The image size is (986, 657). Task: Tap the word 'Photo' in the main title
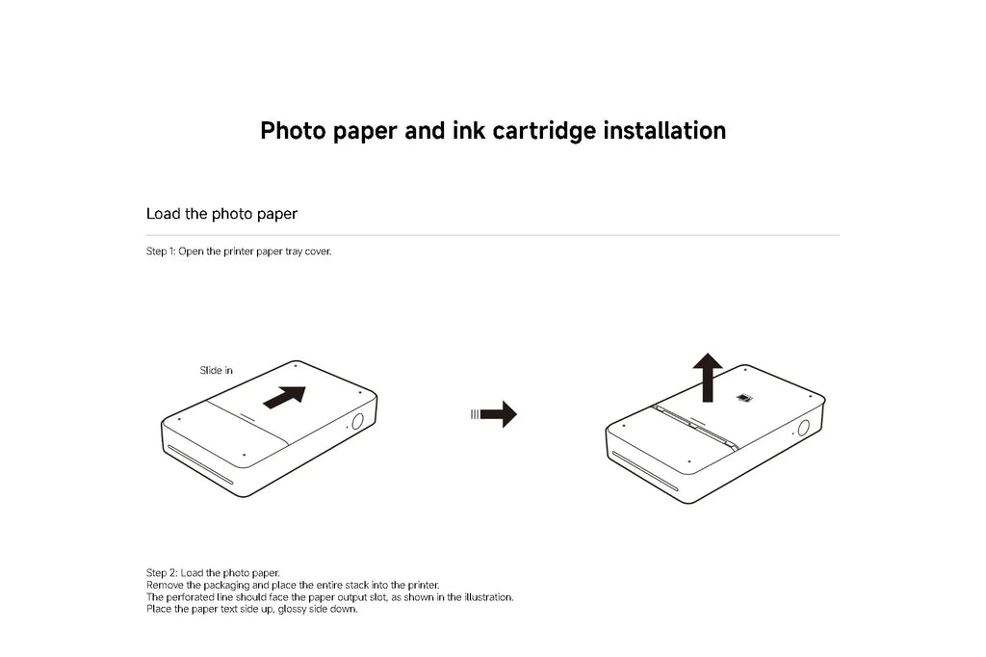pos(294,130)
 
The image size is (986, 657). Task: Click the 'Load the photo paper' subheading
pos(221,213)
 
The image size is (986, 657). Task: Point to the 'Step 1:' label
pos(161,251)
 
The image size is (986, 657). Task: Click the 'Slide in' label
pos(216,370)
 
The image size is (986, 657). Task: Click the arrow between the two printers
pos(496,414)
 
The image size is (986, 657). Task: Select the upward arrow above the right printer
pos(709,376)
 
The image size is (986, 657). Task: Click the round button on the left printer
pos(356,422)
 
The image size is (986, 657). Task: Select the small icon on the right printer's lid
pos(743,397)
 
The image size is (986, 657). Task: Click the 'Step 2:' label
pos(161,572)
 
